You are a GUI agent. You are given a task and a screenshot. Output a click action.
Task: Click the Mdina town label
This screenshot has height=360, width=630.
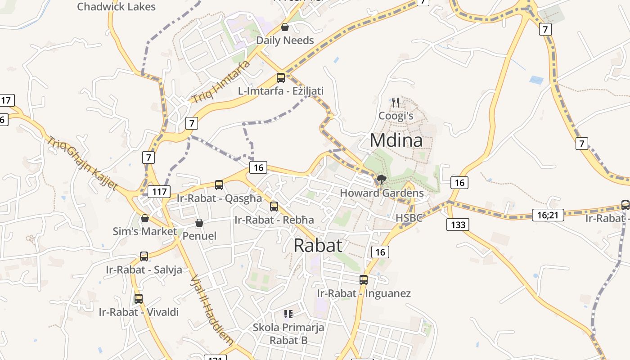tap(396, 140)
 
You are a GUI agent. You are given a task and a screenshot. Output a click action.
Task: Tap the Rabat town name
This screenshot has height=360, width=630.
tap(318, 246)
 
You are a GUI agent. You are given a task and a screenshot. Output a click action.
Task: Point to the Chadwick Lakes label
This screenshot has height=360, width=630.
tap(116, 7)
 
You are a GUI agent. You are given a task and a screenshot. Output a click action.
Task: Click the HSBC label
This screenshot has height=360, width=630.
tap(409, 218)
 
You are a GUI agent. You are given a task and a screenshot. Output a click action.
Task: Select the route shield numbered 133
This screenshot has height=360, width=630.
tap(458, 224)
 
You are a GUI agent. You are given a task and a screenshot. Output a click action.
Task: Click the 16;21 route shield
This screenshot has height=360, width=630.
tap(548, 215)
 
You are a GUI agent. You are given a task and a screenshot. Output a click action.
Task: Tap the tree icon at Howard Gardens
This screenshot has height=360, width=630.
tap(382, 180)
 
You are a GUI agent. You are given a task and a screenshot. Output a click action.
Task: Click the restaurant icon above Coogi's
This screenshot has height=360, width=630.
tap(396, 102)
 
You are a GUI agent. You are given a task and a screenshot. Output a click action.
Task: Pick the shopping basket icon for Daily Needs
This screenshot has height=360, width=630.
tap(284, 27)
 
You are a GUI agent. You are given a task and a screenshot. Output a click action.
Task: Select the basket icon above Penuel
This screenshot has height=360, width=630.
tap(199, 223)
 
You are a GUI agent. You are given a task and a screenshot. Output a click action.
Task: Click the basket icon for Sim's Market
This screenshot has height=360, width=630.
tap(145, 218)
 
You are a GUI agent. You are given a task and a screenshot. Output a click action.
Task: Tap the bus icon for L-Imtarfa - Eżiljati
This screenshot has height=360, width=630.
tap(281, 78)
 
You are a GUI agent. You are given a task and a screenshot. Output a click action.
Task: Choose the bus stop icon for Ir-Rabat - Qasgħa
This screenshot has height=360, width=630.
tap(219, 184)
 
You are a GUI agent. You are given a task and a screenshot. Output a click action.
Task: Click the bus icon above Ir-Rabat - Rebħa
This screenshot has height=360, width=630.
tap(274, 207)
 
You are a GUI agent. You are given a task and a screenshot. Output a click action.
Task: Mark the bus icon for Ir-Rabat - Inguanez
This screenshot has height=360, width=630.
tap(364, 280)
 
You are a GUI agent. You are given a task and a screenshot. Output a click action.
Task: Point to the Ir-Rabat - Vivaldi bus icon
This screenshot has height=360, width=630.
tap(139, 298)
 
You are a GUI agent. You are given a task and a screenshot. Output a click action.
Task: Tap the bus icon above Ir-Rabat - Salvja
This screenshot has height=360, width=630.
tap(144, 256)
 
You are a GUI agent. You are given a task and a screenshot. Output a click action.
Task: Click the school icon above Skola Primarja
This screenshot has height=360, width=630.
tap(288, 314)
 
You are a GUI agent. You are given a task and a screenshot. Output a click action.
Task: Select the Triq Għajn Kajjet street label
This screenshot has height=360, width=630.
tap(82, 162)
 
